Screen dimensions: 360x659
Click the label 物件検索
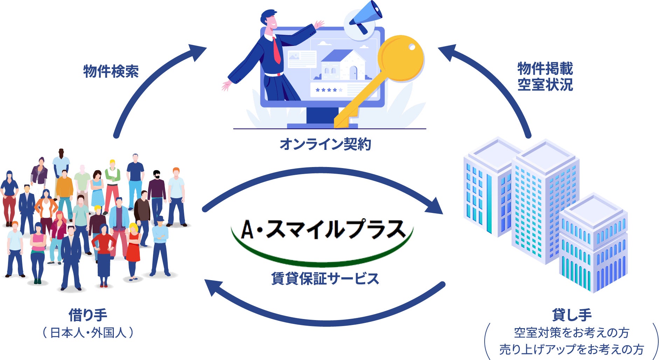(111, 71)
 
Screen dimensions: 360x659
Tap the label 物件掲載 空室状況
(545, 77)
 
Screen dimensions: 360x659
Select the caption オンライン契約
(325, 144)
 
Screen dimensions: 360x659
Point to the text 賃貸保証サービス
(325, 279)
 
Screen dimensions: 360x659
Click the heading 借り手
(88, 315)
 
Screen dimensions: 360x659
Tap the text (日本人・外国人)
(88, 333)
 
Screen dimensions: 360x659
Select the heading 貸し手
(571, 315)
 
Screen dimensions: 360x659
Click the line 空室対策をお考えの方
(571, 333)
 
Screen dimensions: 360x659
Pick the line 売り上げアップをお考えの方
(571, 349)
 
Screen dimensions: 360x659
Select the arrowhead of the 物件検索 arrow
(196, 52)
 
